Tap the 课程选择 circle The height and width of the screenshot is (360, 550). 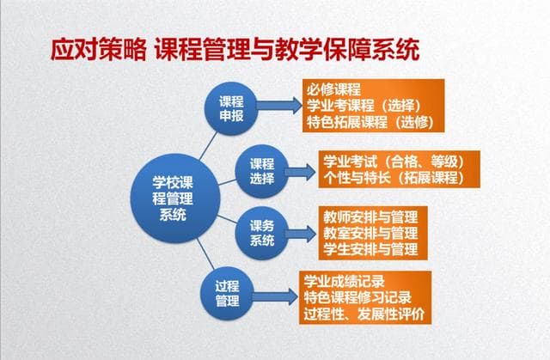click(x=262, y=171)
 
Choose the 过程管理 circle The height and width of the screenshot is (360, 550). click(x=227, y=294)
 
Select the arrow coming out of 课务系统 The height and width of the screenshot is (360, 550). click(x=301, y=233)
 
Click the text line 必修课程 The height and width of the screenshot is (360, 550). click(x=333, y=89)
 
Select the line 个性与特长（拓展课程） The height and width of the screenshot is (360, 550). click(x=393, y=178)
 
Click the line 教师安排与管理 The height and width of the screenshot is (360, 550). click(x=370, y=216)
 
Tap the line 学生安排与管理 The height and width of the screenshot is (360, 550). click(x=370, y=249)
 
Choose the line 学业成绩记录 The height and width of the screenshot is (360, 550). click(x=344, y=281)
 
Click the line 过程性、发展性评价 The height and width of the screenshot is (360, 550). click(x=364, y=314)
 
